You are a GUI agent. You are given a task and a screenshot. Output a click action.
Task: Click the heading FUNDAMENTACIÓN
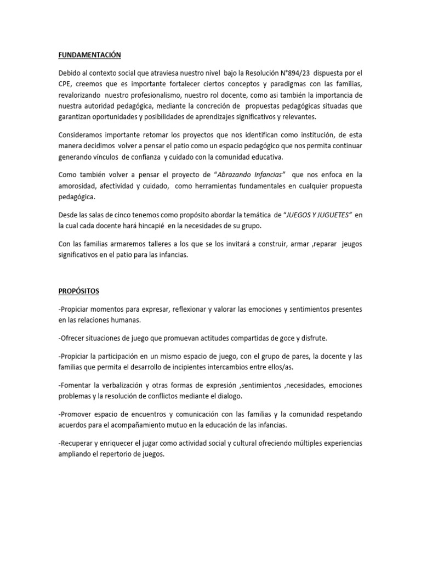coord(89,55)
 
